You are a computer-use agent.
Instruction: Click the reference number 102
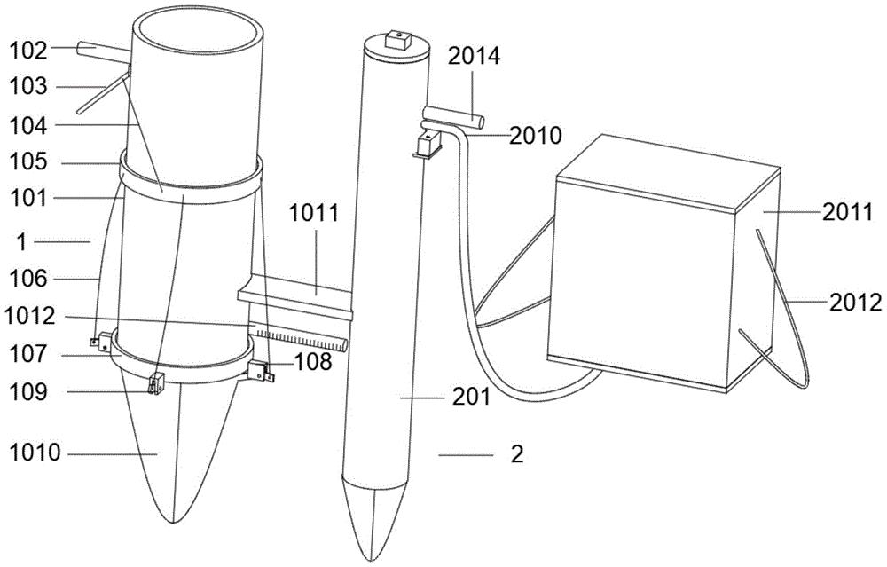pos(28,51)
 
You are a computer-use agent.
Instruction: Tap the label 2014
pos(474,56)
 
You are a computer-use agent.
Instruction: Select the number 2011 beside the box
pos(847,213)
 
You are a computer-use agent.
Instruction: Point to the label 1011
pos(314,213)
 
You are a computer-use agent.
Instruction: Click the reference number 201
pos(471,398)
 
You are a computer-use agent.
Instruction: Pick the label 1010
pos(35,453)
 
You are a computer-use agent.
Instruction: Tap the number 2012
pos(855,303)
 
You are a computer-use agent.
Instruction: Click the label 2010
pos(536,135)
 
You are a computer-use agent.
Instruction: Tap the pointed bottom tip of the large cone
pos(175,521)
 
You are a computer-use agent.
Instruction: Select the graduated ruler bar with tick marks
pos(298,335)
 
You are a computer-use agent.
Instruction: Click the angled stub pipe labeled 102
pos(102,52)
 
